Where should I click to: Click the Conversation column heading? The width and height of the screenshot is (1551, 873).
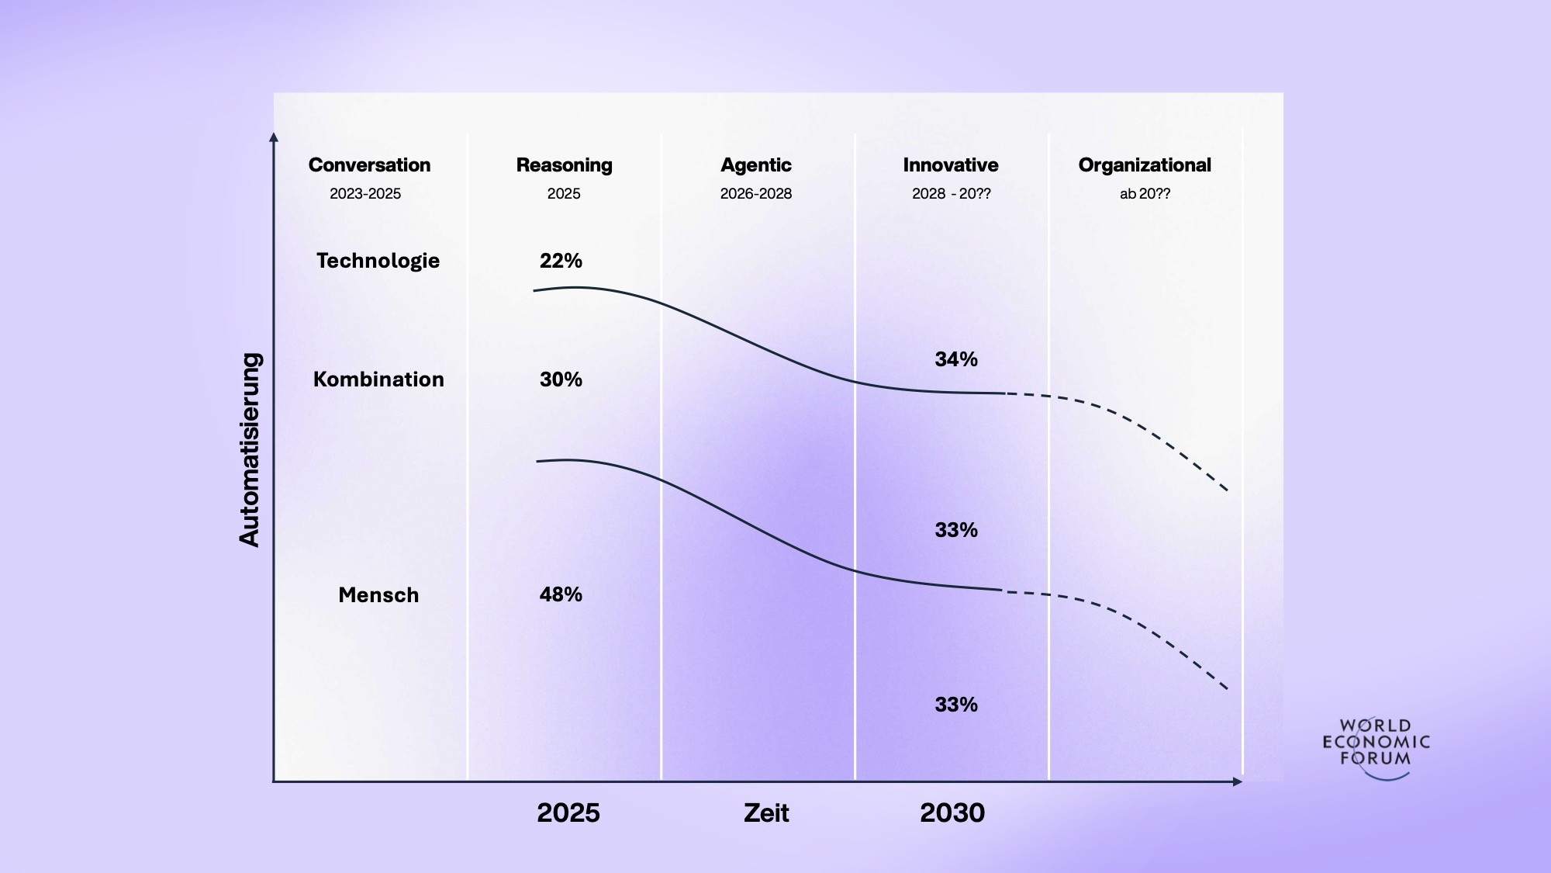(x=369, y=165)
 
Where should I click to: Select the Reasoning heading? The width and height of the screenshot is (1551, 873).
(x=564, y=165)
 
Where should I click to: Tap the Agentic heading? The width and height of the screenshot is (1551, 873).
(x=755, y=165)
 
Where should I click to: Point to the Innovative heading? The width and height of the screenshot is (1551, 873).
(x=950, y=165)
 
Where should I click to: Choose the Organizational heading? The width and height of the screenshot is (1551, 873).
(x=1144, y=165)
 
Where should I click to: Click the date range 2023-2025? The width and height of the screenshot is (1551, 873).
(x=365, y=194)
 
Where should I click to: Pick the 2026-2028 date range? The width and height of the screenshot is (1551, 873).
(x=755, y=194)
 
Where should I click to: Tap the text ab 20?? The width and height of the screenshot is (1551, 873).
(x=1145, y=194)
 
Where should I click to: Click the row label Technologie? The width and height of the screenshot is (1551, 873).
(x=378, y=261)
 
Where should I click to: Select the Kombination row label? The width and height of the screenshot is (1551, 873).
(x=378, y=379)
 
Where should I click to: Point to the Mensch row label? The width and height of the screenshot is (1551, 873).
(x=378, y=595)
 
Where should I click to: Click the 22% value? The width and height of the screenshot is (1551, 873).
(x=561, y=261)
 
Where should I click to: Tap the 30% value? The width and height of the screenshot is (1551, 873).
(x=561, y=379)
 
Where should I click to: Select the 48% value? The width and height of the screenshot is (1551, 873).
(x=561, y=594)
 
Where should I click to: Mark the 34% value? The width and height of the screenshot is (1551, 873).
(x=955, y=359)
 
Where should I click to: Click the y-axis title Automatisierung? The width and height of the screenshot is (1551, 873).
(x=250, y=450)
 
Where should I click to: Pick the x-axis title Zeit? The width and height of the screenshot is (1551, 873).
(x=766, y=813)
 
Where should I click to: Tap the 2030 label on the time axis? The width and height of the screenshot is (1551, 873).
(x=952, y=813)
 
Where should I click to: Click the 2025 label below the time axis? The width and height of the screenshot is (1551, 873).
(x=568, y=813)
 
